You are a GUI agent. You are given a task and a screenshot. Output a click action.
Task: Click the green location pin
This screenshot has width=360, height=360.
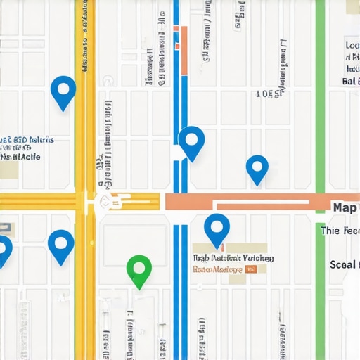(139, 269)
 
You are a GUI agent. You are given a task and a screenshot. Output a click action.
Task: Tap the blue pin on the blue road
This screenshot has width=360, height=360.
(191, 141)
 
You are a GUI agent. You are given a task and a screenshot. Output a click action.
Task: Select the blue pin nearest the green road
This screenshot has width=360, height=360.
(257, 167)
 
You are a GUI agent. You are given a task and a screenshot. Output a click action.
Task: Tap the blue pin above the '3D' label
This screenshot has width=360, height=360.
(63, 91)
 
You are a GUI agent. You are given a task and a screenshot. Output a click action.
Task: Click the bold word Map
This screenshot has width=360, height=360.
(345, 207)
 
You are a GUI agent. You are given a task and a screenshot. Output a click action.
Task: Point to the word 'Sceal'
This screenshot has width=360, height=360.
(344, 265)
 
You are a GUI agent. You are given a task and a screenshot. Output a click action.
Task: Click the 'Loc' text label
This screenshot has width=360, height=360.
(352, 46)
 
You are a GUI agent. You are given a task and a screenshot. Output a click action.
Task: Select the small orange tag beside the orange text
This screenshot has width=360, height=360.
(251, 269)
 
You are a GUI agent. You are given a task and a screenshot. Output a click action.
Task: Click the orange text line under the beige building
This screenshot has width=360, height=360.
(218, 269)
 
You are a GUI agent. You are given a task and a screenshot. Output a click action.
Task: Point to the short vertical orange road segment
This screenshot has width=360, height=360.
(184, 49)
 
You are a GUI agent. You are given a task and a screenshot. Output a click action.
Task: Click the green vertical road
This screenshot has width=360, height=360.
(321, 105)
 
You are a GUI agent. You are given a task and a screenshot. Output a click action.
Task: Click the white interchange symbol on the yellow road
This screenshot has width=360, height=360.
(105, 202)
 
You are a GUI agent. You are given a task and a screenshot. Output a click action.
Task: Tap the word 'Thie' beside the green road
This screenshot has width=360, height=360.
(330, 231)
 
